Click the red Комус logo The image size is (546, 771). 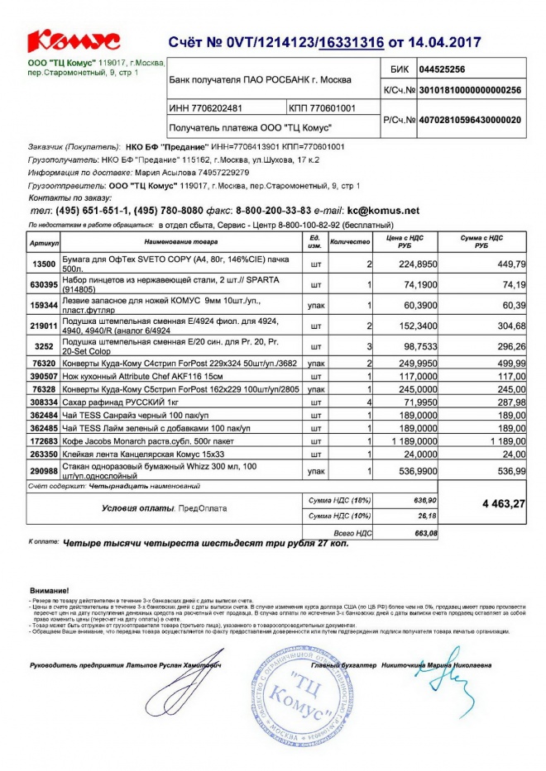pos(74,41)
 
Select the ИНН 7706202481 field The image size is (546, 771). pos(207,108)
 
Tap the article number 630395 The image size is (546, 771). pos(43,284)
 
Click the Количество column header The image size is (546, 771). pos(350,243)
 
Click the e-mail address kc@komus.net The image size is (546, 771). pos(383,211)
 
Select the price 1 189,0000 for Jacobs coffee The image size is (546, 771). pos(404,442)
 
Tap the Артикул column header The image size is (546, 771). pos(43,243)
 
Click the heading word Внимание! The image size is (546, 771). pos(49,591)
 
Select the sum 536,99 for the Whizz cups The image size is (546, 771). pos(510,470)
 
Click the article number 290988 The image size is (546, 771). pos(43,470)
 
